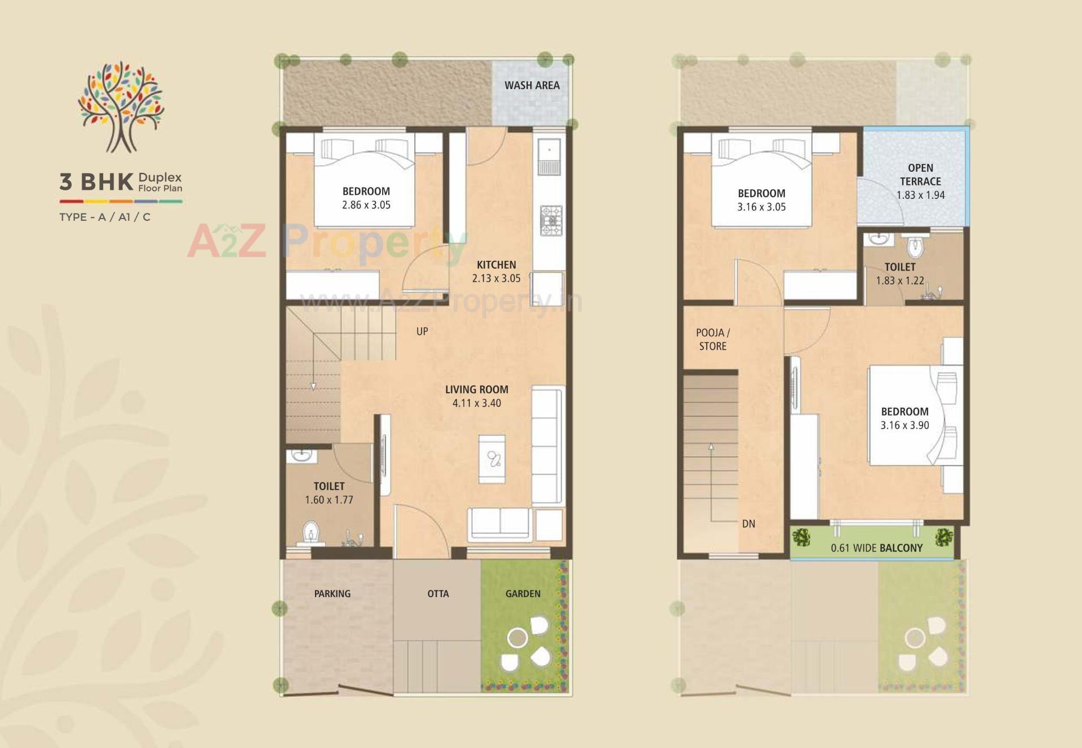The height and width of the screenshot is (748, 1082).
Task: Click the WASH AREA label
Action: point(532,86)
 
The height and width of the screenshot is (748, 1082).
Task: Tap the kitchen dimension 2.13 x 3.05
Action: point(496,278)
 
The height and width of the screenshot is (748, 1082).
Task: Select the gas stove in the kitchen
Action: point(551,220)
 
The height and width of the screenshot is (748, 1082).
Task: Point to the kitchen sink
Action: point(548,156)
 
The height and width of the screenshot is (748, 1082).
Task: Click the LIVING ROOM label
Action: point(476,389)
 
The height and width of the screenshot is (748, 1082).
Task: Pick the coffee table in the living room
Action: point(492,458)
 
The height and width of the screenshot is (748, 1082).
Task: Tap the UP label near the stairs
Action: point(422,332)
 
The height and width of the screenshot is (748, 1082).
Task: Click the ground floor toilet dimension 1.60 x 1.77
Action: point(329,500)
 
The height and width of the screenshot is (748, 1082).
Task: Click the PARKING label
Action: point(332,594)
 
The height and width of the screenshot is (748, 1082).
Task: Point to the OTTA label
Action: point(438,594)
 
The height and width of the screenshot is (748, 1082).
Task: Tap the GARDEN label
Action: point(522,594)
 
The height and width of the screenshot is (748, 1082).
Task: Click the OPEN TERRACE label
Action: point(920,175)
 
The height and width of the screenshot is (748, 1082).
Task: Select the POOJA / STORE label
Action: point(713,340)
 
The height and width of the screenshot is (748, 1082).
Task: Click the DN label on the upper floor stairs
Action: point(748,524)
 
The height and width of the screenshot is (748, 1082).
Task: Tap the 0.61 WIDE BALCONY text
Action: point(876,548)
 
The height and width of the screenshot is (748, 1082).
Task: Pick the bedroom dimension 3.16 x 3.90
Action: point(904,426)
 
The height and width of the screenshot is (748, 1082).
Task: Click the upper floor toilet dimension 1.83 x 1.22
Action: point(899,280)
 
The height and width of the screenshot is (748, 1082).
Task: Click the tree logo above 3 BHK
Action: point(121,106)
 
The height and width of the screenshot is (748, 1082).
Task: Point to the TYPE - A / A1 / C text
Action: point(105,217)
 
